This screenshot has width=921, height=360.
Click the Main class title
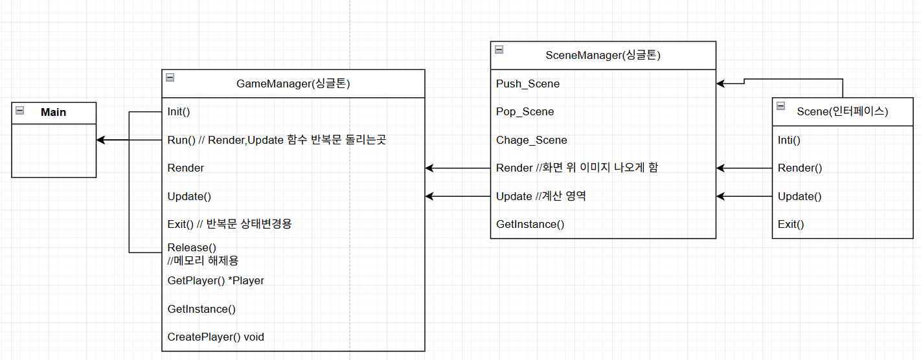(53, 113)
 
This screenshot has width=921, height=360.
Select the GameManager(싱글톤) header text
(293, 84)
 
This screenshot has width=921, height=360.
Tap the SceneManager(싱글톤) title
(602, 56)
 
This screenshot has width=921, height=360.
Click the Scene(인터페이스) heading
(842, 112)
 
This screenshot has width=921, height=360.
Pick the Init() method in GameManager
(179, 111)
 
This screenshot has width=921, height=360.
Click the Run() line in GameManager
(277, 140)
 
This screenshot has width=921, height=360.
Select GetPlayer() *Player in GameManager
(216, 280)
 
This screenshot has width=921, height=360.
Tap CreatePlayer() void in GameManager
(216, 337)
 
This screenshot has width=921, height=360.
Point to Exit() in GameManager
(229, 224)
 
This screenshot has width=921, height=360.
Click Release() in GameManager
(192, 247)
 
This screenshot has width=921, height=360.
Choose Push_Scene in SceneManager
(528, 84)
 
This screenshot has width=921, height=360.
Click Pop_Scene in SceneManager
(525, 111)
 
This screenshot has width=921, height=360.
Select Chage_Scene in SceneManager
(532, 140)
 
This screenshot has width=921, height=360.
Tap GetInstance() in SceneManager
(530, 224)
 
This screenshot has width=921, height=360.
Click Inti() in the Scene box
(789, 140)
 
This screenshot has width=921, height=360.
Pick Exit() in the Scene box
(791, 225)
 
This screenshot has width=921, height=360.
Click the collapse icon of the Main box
(20, 111)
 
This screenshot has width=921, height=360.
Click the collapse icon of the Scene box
(780, 106)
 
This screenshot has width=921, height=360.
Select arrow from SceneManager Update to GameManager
(457, 196)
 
